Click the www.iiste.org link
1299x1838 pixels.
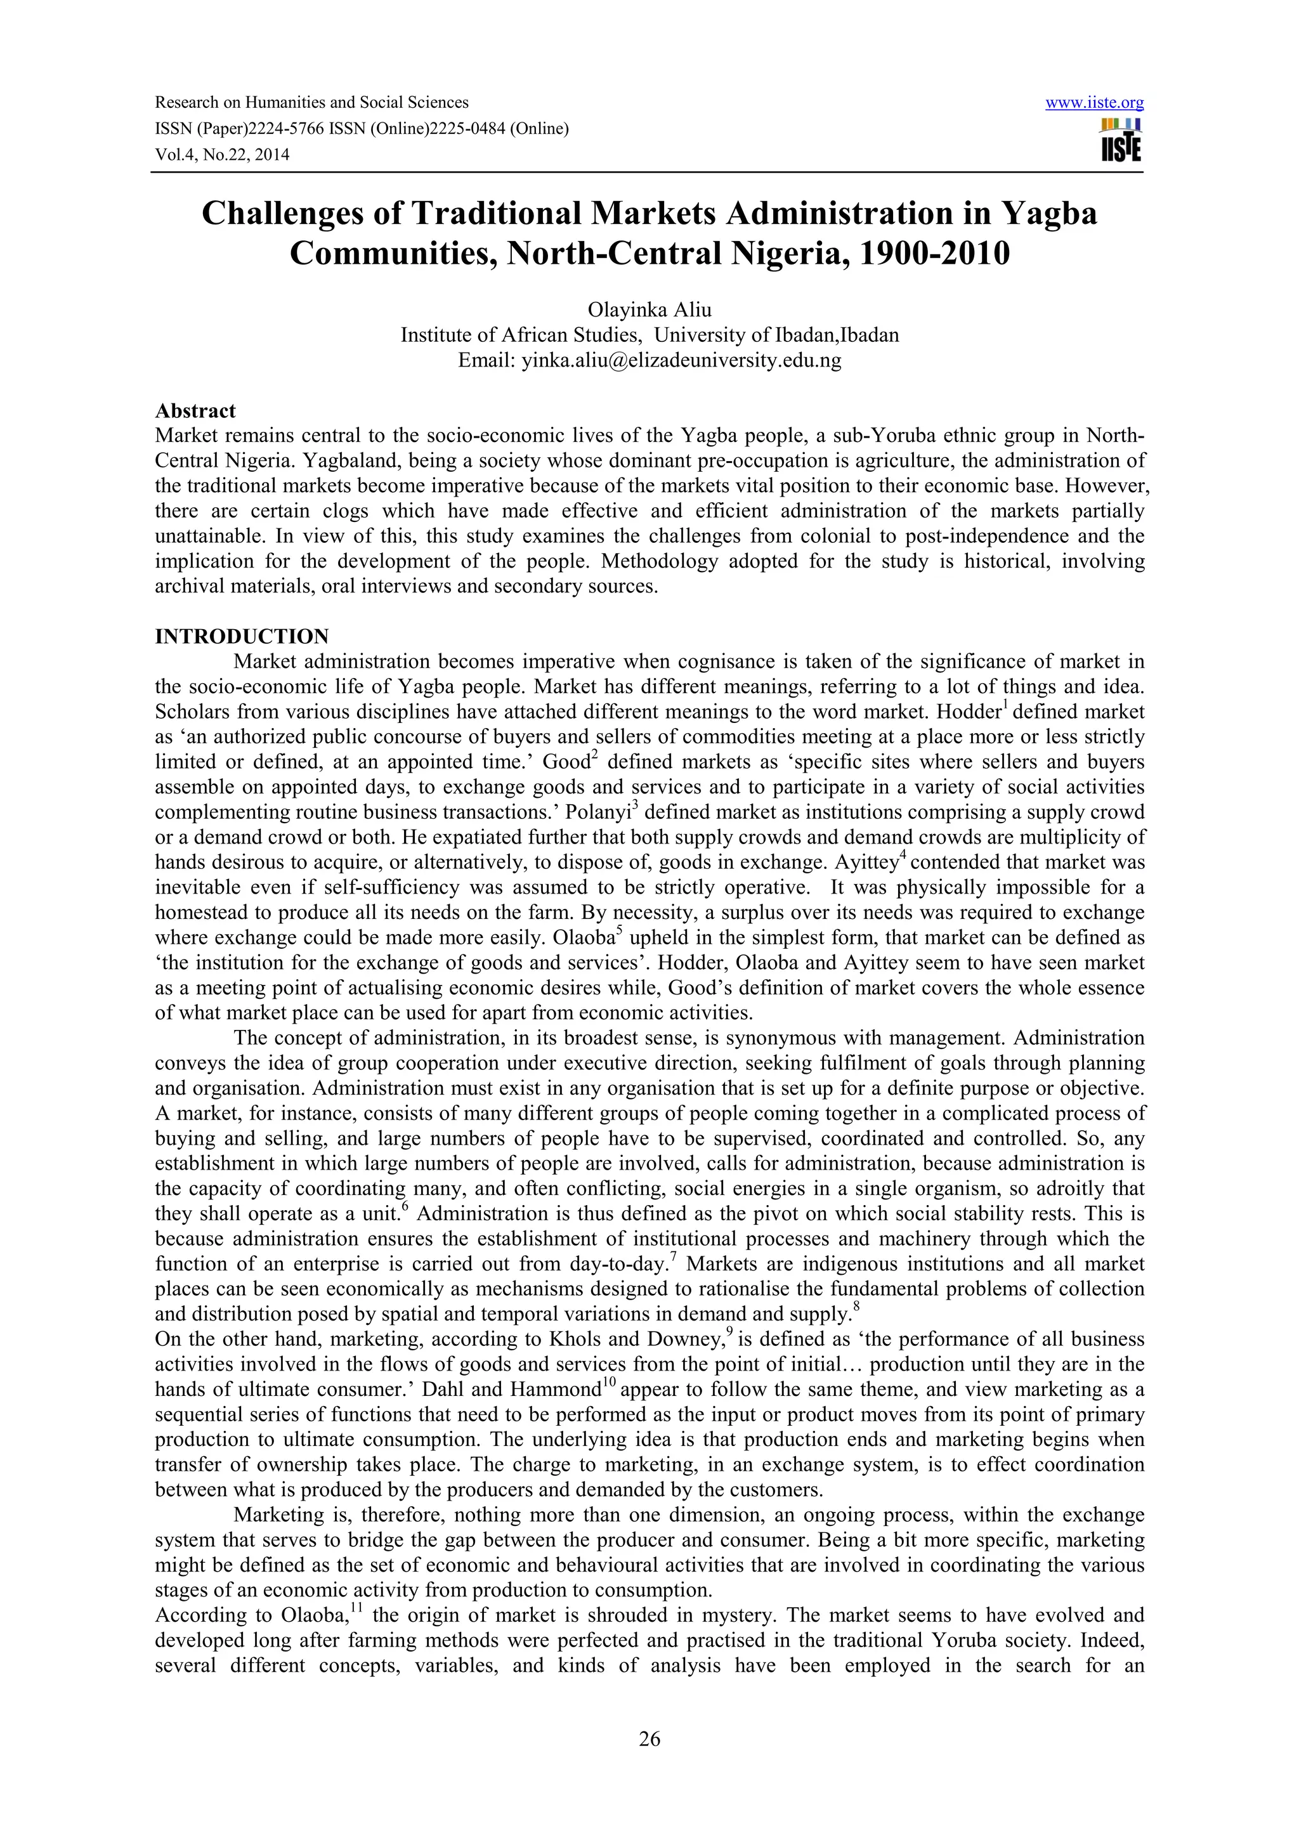click(x=1094, y=103)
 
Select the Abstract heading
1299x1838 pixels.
click(x=195, y=411)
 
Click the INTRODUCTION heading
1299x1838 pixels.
click(x=242, y=636)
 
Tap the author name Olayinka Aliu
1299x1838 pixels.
click(x=649, y=310)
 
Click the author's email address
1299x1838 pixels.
click(x=681, y=360)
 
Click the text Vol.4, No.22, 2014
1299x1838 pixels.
click(x=222, y=155)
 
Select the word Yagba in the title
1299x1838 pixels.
click(x=1049, y=214)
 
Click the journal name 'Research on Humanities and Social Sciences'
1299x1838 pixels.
click(x=311, y=103)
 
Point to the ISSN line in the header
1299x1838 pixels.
click(x=361, y=129)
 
